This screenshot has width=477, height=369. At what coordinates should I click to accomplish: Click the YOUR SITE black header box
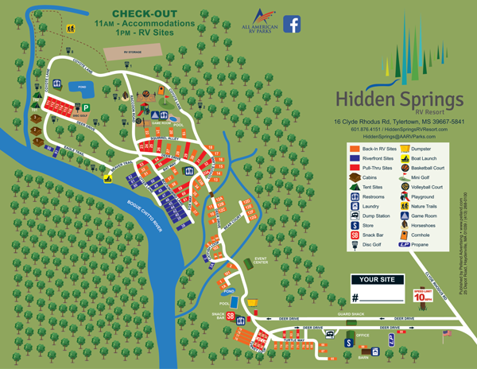(x=378, y=280)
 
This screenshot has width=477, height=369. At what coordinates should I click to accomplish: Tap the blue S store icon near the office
(x=347, y=342)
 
